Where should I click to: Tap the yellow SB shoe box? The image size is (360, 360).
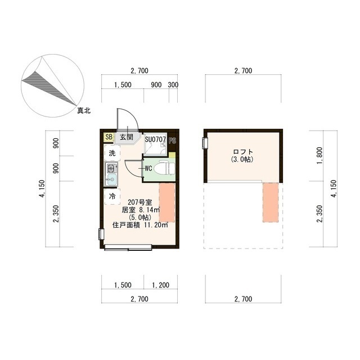coord(108,137)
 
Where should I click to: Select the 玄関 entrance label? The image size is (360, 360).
coord(126,137)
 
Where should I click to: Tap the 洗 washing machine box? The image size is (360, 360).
coord(111,153)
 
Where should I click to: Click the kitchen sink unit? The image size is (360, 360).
coord(110,174)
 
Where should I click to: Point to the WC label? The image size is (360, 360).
coord(148,168)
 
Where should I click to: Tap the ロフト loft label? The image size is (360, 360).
coord(243,152)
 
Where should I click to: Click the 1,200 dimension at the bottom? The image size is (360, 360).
coord(160,285)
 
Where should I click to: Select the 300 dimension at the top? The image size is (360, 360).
coord(173,85)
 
